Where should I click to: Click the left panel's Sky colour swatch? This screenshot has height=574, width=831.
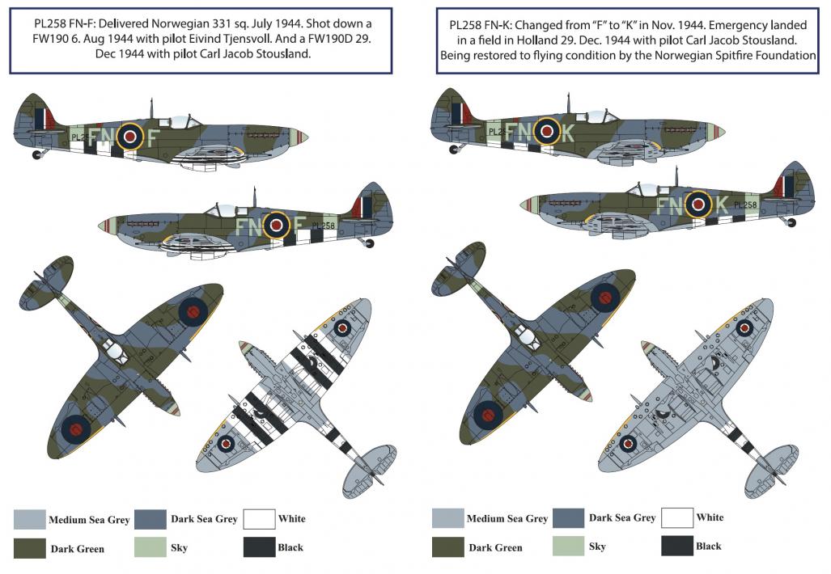click(x=150, y=547)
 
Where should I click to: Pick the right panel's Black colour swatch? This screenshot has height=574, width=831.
click(x=676, y=546)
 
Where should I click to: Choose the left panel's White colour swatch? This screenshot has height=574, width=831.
click(x=259, y=519)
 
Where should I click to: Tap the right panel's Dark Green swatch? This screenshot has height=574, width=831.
click(x=447, y=547)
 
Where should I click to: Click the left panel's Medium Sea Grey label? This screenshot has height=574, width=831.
click(x=89, y=520)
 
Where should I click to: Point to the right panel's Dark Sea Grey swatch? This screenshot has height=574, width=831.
click(x=568, y=518)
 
